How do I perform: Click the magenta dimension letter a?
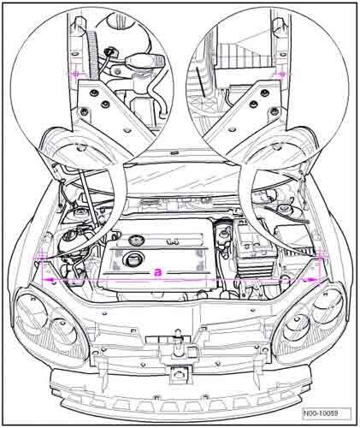[x=157, y=272]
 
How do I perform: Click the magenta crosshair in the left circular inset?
[x=76, y=74]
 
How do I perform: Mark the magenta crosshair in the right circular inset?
[x=282, y=74]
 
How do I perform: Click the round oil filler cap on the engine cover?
[x=132, y=259]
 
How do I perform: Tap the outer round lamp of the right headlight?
[x=328, y=306]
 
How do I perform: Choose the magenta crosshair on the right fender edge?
[x=322, y=256]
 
